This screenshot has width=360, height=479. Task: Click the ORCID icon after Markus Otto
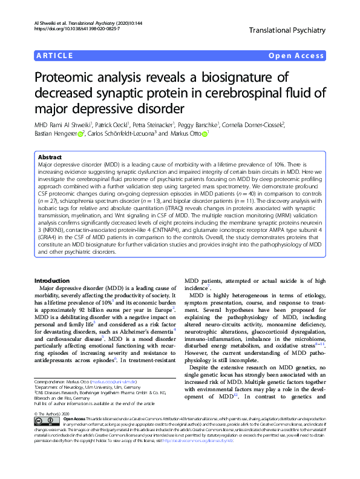pyautogui.click(x=205, y=134)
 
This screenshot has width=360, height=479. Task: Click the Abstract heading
pyautogui.click(x=50, y=156)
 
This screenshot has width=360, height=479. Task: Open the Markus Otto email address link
pyautogui.click(x=110, y=383)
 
